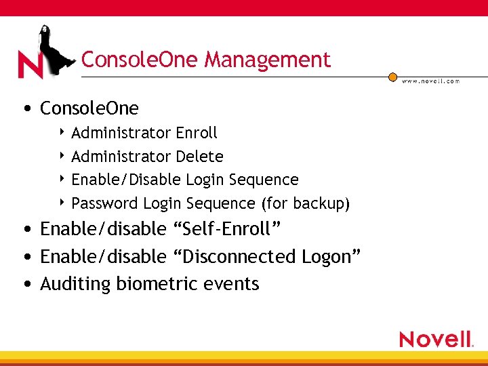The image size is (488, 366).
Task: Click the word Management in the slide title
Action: click(267, 60)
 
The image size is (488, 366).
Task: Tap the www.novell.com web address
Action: click(430, 81)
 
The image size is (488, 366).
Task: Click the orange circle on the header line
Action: click(392, 77)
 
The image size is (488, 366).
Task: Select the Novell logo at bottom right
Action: click(436, 339)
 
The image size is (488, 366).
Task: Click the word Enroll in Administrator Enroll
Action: click(197, 133)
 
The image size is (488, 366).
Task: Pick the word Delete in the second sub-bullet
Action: click(199, 157)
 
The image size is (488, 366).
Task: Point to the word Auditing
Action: click(75, 284)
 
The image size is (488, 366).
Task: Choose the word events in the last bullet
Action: click(232, 284)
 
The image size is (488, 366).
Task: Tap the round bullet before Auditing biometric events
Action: click(26, 284)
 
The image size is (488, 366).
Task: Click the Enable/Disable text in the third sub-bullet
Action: click(126, 180)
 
